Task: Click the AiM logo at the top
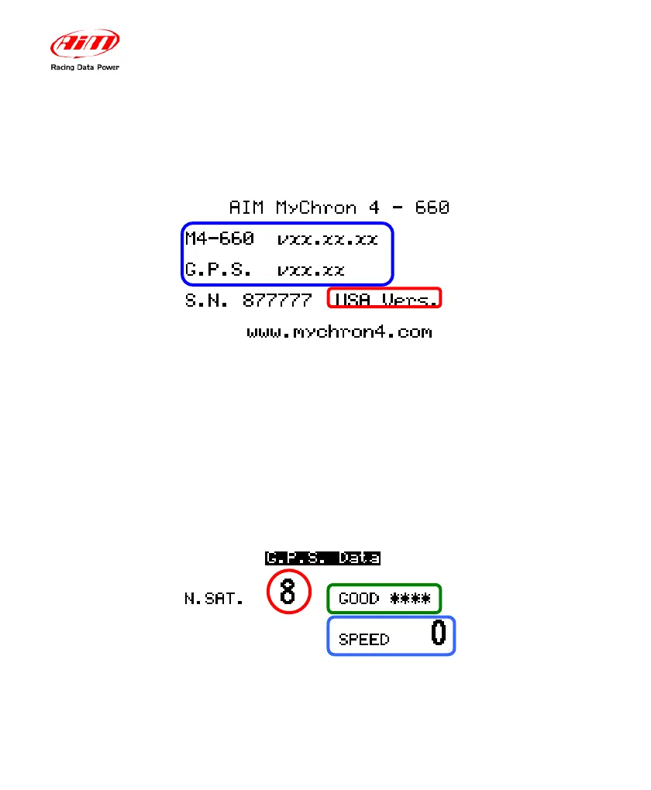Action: [85, 44]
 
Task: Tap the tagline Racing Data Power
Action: [85, 67]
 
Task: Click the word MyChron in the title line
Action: [316, 208]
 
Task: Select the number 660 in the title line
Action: [432, 208]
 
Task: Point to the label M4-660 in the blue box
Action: [219, 239]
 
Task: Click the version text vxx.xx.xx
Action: [327, 239]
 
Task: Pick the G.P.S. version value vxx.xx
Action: [311, 270]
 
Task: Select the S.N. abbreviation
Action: [207, 300]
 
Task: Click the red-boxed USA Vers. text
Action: [385, 299]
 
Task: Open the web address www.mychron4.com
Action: [339, 333]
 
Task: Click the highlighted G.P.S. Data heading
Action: [322, 558]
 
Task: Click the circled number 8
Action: [288, 592]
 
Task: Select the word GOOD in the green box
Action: [359, 599]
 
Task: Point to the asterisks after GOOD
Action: [410, 599]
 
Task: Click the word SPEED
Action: [364, 640]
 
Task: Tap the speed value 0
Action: [438, 634]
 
